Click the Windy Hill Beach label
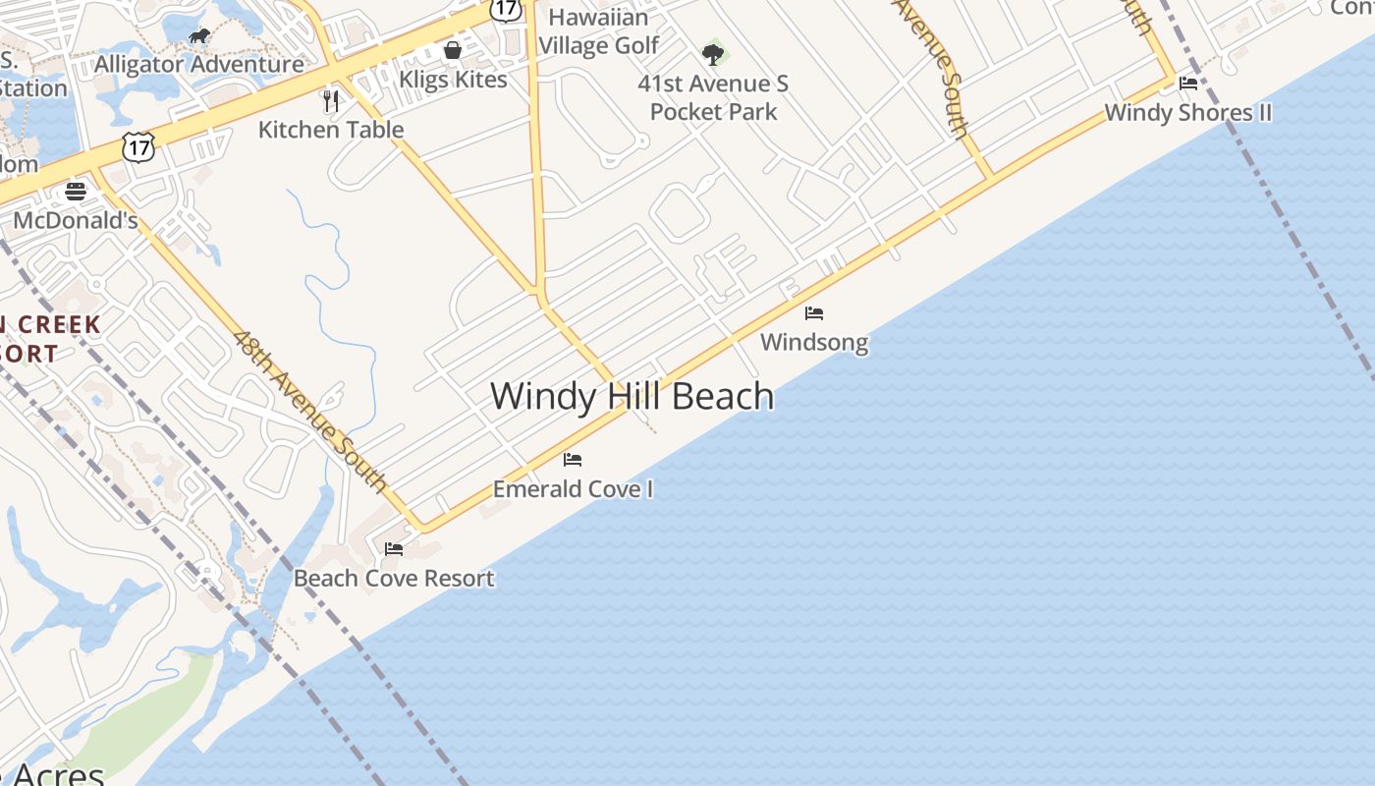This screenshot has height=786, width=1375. [x=632, y=396]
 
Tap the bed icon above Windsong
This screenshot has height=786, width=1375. [x=814, y=313]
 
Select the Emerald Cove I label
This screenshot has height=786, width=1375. [x=573, y=488]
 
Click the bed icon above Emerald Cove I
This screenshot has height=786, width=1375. [x=573, y=460]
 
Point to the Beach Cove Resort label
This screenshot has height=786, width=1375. [x=394, y=578]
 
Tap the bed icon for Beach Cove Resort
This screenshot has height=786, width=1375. [x=394, y=549]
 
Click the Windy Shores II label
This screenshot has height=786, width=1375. [x=1187, y=112]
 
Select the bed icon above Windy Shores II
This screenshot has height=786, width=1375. [x=1188, y=84]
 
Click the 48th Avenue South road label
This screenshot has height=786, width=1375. [x=310, y=411]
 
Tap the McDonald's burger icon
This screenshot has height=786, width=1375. [x=76, y=191]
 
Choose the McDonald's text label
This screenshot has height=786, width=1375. [x=76, y=220]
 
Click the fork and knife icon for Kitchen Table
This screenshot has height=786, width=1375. [x=331, y=100]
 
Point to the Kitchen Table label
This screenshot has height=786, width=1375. [x=331, y=129]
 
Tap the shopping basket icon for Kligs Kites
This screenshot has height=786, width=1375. [x=453, y=50]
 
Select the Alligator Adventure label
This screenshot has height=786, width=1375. [x=199, y=65]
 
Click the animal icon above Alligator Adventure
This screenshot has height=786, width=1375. [x=199, y=37]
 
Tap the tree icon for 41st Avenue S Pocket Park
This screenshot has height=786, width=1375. [x=713, y=54]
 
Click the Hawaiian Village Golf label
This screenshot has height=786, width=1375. [x=599, y=31]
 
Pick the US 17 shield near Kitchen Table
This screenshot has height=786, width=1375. [x=137, y=147]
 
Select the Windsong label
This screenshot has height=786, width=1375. [x=814, y=342]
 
